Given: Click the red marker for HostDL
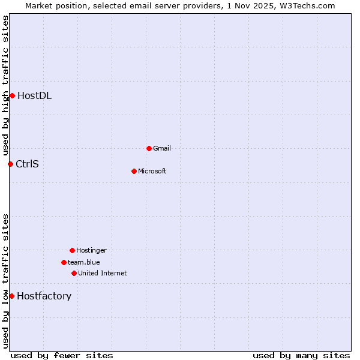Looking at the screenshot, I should [x=12, y=95].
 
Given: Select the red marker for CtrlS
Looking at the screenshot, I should [x=10, y=164].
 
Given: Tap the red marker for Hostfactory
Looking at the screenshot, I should [x=11, y=296].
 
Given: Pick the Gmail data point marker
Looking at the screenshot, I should [x=149, y=148].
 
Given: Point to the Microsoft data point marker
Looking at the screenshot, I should [x=134, y=171].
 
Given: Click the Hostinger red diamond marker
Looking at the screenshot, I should [x=72, y=250].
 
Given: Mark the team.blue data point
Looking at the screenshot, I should [x=64, y=262].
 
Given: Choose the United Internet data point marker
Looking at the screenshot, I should [x=74, y=273].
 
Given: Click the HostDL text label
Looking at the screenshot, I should [x=34, y=95].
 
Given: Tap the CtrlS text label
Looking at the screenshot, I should [x=27, y=164].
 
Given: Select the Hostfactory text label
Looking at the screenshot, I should [x=44, y=296].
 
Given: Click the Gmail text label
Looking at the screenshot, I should [x=162, y=148].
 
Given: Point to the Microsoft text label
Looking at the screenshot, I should [x=152, y=171].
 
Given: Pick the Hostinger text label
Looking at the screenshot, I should [x=91, y=250].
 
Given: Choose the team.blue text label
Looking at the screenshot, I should [x=84, y=262].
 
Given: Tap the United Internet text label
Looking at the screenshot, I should [x=103, y=273].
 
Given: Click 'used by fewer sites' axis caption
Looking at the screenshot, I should [x=62, y=355].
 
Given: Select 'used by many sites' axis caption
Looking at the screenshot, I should [x=301, y=355].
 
